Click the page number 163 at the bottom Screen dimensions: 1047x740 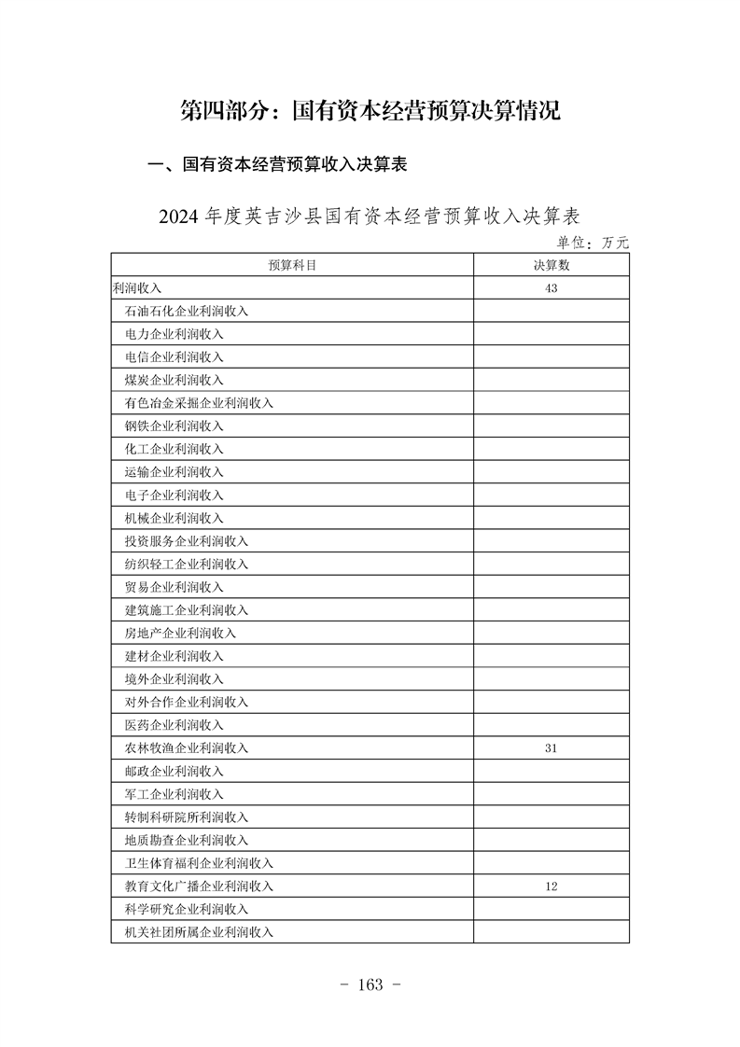(x=370, y=985)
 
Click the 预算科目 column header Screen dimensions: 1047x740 (x=292, y=265)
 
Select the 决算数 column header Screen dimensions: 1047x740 (x=551, y=265)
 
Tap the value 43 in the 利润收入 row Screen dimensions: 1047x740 (x=551, y=288)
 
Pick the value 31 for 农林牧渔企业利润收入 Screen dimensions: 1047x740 (x=551, y=748)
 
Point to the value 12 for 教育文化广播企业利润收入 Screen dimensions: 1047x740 (x=551, y=886)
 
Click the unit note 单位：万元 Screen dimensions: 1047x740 (x=593, y=243)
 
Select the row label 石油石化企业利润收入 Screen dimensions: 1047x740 (x=187, y=312)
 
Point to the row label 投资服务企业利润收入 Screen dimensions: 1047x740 (x=187, y=541)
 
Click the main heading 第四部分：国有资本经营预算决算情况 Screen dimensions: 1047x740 (x=370, y=112)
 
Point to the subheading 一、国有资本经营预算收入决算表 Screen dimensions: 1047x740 (x=278, y=165)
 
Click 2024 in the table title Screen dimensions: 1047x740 (x=179, y=216)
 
